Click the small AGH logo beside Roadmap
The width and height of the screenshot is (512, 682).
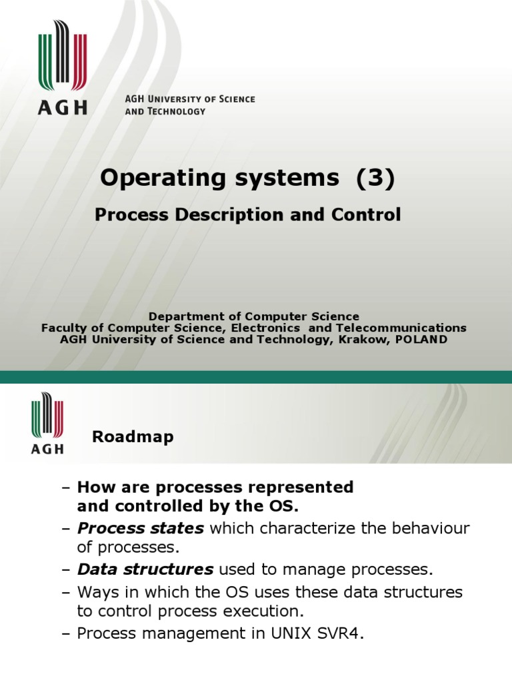click(47, 424)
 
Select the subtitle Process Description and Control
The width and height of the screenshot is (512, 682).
click(247, 214)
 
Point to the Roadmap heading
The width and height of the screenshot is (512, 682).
click(133, 437)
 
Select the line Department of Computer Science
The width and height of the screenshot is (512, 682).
click(253, 316)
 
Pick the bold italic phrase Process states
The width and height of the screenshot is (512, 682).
click(141, 528)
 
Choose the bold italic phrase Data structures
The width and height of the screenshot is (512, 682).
click(145, 569)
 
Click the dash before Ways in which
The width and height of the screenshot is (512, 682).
click(65, 592)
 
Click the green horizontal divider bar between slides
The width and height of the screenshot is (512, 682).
click(256, 378)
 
